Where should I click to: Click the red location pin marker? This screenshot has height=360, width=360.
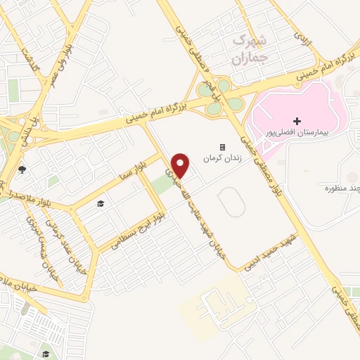pos(181,165)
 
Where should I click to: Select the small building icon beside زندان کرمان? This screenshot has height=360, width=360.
pos(223,147)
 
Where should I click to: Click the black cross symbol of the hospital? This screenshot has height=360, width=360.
pos(297,122)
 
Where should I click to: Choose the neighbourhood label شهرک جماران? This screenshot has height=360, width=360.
pos(248,49)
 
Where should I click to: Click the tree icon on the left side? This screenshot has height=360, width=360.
pos(22,169)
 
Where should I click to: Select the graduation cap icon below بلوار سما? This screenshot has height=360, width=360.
pos(101,204)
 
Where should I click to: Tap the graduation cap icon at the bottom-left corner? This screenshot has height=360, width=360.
pos(45,354)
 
